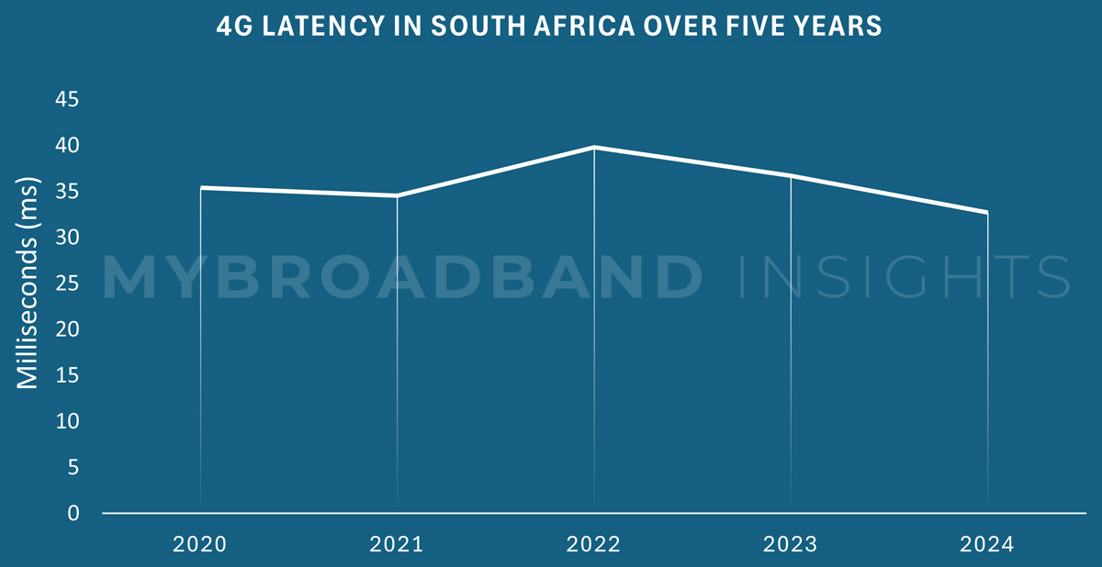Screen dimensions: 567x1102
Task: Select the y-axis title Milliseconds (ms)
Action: click(28, 283)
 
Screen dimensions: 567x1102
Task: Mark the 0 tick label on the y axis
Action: click(73, 513)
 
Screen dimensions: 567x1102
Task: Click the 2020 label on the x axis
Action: click(200, 545)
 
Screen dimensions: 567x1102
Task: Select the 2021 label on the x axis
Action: click(397, 545)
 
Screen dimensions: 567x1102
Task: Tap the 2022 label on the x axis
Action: click(594, 545)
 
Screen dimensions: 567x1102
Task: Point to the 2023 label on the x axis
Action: click(791, 545)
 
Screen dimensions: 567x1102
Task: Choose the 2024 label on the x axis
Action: click(987, 545)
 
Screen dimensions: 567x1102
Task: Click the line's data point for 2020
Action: click(200, 188)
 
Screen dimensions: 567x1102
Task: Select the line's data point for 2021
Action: click(397, 195)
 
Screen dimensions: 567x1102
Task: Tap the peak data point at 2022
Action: click(594, 147)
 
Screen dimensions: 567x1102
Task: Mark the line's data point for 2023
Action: click(791, 175)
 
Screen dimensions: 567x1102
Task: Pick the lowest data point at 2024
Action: click(987, 212)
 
